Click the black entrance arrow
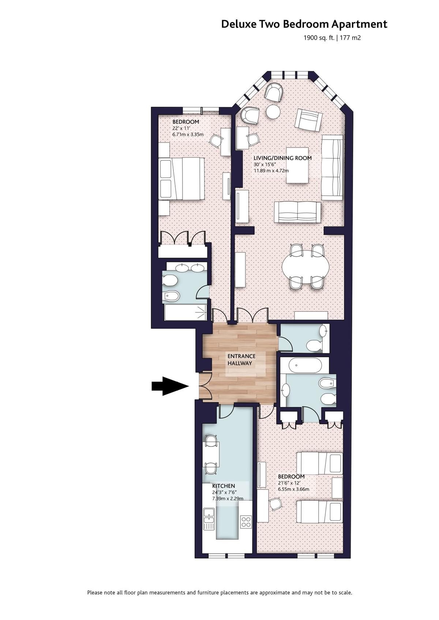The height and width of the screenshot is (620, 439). pos(170,386)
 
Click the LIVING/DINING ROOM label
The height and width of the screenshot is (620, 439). pos(282,158)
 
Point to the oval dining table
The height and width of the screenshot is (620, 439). pos(306,267)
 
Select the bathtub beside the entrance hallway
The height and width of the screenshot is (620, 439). pos(305,365)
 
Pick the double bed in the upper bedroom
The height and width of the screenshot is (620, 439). pos(182,179)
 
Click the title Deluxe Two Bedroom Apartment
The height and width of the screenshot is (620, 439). pos(304,24)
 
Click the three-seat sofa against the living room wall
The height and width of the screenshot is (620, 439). pos(332,167)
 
